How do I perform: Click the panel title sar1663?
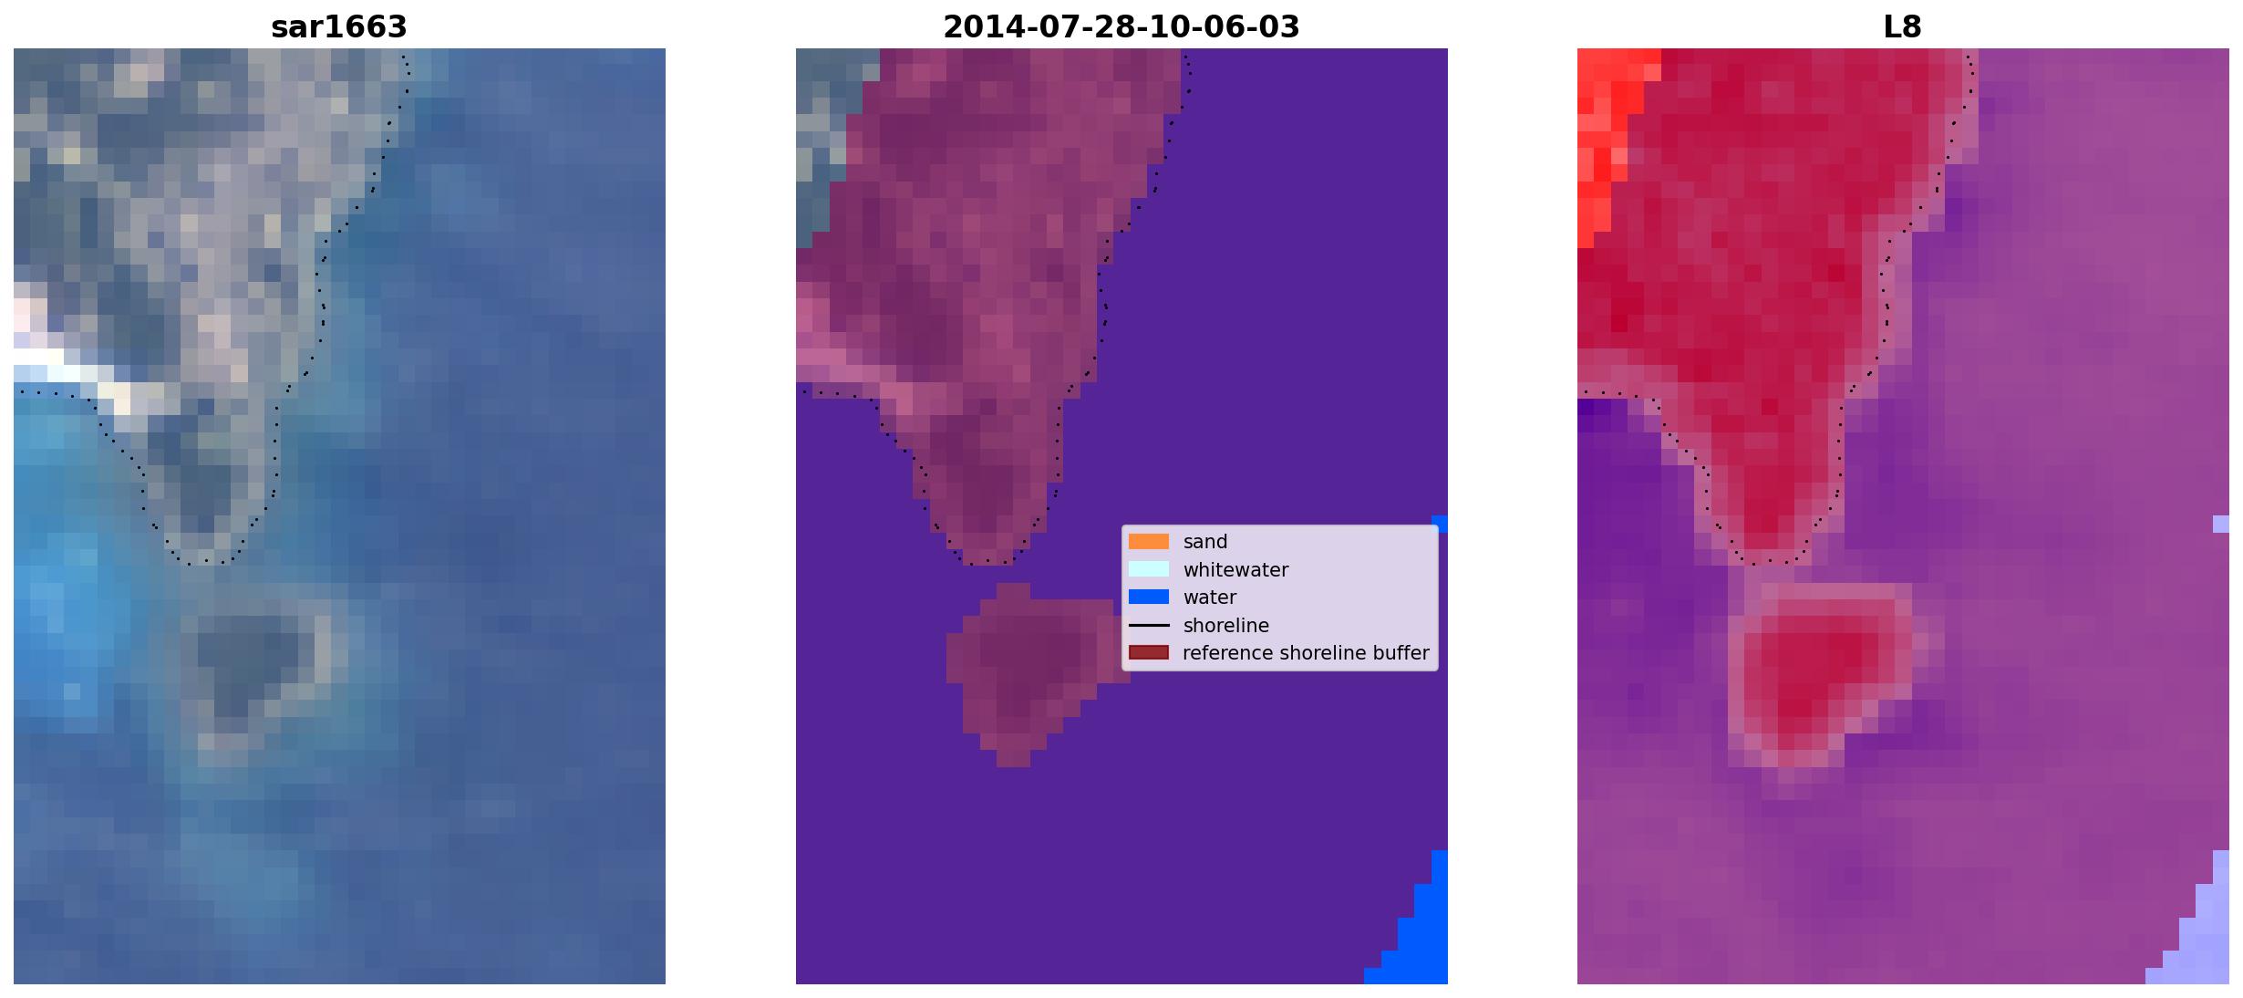(339, 27)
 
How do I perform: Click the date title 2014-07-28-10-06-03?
(1121, 27)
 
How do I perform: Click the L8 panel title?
(1903, 27)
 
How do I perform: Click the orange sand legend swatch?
(1149, 541)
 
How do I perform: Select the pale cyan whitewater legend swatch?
(1149, 569)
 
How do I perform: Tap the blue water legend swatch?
(1149, 597)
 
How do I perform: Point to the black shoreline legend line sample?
(1149, 625)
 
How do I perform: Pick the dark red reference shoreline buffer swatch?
(1149, 652)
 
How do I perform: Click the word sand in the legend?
(1205, 542)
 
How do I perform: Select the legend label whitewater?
(1235, 570)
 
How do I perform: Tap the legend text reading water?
(1210, 598)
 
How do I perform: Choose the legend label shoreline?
(1226, 626)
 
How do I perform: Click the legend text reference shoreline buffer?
(1306, 653)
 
